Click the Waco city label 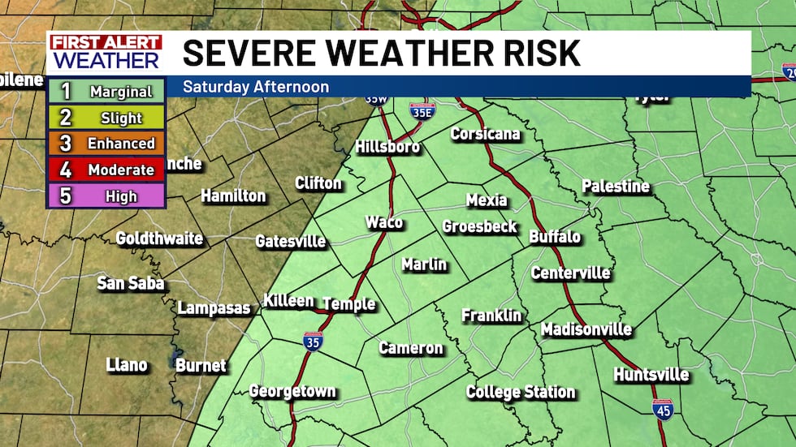pyautogui.click(x=383, y=222)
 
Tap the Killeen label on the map pyautogui.click(x=288, y=301)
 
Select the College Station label pyautogui.click(x=521, y=393)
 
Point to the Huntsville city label pyautogui.click(x=651, y=375)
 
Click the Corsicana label pyautogui.click(x=485, y=134)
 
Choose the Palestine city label pyautogui.click(x=616, y=187)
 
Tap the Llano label pyautogui.click(x=127, y=365)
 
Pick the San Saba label pyautogui.click(x=131, y=283)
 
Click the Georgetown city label pyautogui.click(x=292, y=391)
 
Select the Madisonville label pyautogui.click(x=586, y=329)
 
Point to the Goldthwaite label pyautogui.click(x=159, y=239)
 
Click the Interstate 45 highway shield pyautogui.click(x=662, y=409)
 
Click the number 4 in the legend pyautogui.click(x=66, y=170)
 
